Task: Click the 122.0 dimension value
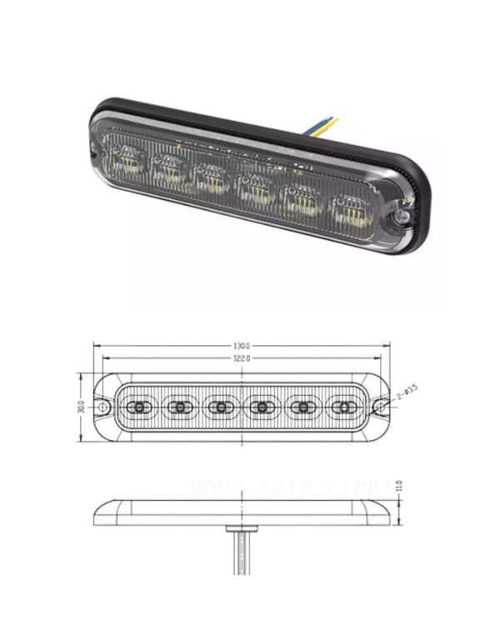point(242,358)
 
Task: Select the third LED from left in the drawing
point(220,407)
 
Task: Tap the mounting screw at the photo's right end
point(401,216)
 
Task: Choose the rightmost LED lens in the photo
point(352,211)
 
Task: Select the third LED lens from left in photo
point(210,177)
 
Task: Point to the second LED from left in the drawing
point(178,407)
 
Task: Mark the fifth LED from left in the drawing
point(302,407)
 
